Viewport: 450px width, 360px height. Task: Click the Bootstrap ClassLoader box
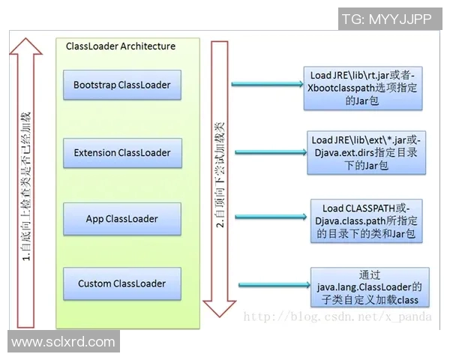click(121, 85)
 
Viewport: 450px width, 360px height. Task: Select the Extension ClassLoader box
click(121, 153)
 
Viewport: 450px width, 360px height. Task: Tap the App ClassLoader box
click(121, 219)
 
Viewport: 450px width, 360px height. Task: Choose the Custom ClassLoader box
click(121, 284)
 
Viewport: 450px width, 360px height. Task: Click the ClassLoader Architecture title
click(121, 46)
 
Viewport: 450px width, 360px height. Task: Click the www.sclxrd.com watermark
click(63, 342)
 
